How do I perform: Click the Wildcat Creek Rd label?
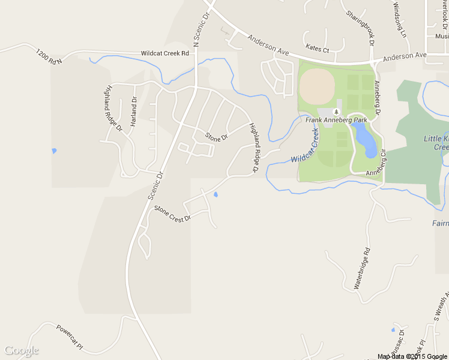pyautogui.click(x=165, y=53)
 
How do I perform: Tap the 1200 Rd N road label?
pyautogui.click(x=49, y=56)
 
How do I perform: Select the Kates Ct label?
pyautogui.click(x=318, y=47)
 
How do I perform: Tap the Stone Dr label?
pyautogui.click(x=217, y=137)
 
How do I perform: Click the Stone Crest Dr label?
pyautogui.click(x=172, y=213)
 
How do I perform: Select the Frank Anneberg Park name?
pyautogui.click(x=336, y=120)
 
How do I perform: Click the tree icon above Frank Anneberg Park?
pyautogui.click(x=337, y=112)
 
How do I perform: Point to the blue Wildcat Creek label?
pyautogui.click(x=304, y=146)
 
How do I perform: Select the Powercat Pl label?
pyautogui.click(x=69, y=337)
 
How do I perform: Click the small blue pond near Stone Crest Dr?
pyautogui.click(x=215, y=194)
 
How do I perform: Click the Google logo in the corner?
pyautogui.click(x=22, y=350)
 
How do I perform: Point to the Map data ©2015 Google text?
pyautogui.click(x=412, y=356)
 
